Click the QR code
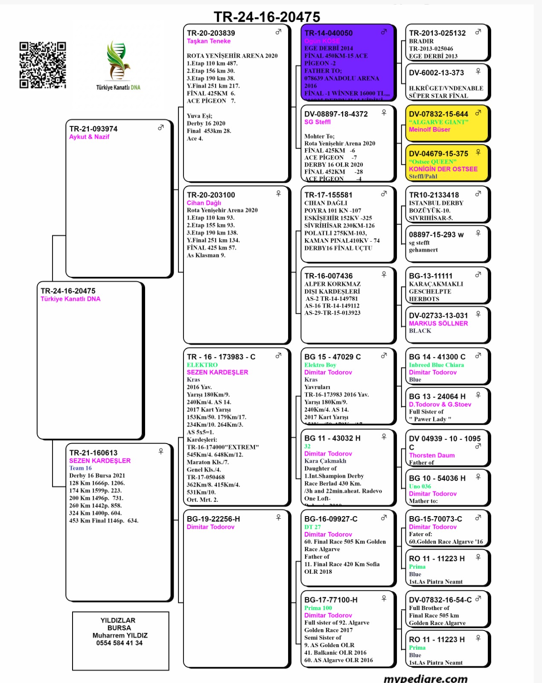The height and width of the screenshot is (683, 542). click(x=43, y=65)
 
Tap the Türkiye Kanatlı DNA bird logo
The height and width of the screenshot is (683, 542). click(x=118, y=62)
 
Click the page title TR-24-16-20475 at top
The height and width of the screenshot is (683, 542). click(x=267, y=17)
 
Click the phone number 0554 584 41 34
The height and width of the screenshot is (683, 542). click(x=119, y=643)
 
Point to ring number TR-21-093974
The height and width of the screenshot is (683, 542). click(x=93, y=129)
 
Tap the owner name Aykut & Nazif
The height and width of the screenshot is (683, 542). click(x=89, y=137)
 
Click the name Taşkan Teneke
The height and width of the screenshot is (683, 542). click(x=209, y=41)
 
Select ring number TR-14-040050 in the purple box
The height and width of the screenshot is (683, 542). click(x=329, y=33)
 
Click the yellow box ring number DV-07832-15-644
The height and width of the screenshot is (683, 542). click(x=438, y=114)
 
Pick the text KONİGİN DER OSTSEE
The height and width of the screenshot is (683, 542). click(x=443, y=169)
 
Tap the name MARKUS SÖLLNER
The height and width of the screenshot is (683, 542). click(x=438, y=323)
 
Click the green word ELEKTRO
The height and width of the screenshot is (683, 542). click(x=202, y=365)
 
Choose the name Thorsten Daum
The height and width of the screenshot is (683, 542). click(x=431, y=455)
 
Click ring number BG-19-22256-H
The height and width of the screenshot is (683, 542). click(x=213, y=519)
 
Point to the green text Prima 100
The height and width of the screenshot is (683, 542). click(x=318, y=608)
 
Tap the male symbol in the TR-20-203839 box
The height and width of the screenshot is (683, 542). click(x=278, y=32)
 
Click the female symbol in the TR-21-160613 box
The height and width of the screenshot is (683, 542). click(x=161, y=451)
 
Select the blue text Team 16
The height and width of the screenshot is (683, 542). click(x=80, y=468)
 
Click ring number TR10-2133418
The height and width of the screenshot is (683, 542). click(x=434, y=195)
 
